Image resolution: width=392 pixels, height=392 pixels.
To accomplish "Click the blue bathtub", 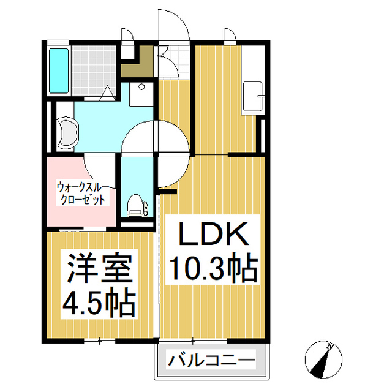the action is tap(59, 70).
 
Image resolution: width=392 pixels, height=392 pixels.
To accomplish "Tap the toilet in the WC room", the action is tap(137, 206).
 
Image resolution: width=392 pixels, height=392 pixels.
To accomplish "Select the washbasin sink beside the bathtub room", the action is tap(68, 132).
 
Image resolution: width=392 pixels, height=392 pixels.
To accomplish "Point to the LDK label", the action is tap(214, 233).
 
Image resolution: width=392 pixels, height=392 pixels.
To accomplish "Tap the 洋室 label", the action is tap(100, 268).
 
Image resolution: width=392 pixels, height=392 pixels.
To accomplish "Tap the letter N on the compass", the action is tap(331, 347).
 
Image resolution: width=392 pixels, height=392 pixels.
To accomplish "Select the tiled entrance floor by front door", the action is tap(174, 61).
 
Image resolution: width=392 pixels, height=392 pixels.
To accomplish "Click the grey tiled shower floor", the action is tap(94, 70).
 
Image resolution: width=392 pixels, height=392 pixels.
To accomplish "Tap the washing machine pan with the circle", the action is tap(141, 94).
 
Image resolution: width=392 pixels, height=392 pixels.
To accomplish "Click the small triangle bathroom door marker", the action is tap(108, 92).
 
